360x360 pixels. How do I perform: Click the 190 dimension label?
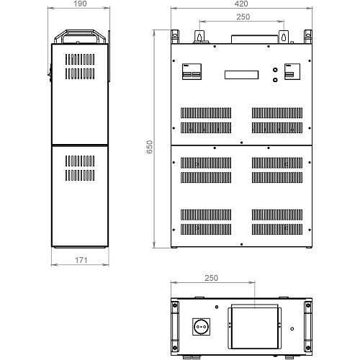pyautogui.click(x=80, y=4)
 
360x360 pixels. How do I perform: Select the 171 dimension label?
pyautogui.click(x=81, y=260)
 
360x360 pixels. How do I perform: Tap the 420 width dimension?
pyautogui.click(x=241, y=4)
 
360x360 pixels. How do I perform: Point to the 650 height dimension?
pyautogui.click(x=149, y=147)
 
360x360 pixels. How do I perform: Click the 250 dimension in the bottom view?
pyautogui.click(x=212, y=278)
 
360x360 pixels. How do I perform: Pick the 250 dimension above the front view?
pyautogui.click(x=243, y=17)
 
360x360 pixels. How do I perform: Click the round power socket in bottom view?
pyautogui.click(x=202, y=327)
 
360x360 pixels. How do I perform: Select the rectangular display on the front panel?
pyautogui.click(x=241, y=75)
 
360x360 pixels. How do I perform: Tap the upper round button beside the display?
pyautogui.click(x=275, y=70)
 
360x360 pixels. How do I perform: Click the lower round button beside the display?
pyautogui.click(x=275, y=80)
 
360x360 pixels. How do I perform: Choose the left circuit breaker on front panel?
pyautogui.click(x=192, y=71)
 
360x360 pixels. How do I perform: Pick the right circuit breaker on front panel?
pyautogui.click(x=292, y=71)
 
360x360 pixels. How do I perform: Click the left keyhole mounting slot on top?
pyautogui.click(x=199, y=37)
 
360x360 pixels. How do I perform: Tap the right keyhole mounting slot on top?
pyautogui.click(x=284, y=37)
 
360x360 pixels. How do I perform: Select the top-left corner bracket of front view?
pyautogui.click(x=175, y=37)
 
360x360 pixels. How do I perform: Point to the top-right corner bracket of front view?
pyautogui.click(x=308, y=37)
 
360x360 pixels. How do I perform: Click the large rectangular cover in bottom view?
pyautogui.click(x=255, y=327)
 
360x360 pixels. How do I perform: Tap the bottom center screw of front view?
pyautogui.click(x=241, y=244)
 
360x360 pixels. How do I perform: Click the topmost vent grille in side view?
pyautogui.click(x=80, y=59)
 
